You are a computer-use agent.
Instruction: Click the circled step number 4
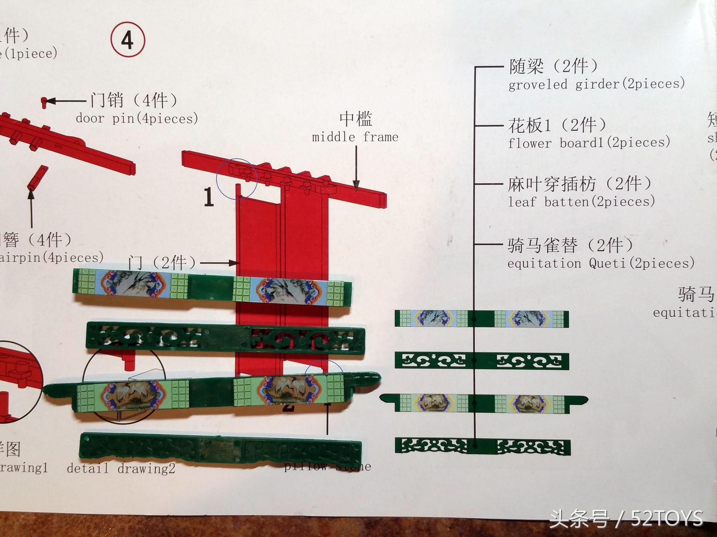[x=128, y=40]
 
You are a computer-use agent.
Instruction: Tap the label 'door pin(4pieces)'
[x=137, y=119]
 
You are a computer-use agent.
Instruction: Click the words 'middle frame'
[x=355, y=137]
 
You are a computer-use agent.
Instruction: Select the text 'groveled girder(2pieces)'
[x=596, y=84]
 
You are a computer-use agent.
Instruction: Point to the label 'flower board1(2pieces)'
[x=589, y=143]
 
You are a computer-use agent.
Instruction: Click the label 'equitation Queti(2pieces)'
[x=601, y=263]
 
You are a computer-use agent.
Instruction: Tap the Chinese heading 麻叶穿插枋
[x=551, y=184]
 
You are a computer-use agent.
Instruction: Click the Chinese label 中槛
[x=356, y=119]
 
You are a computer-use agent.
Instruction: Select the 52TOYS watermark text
[x=626, y=519]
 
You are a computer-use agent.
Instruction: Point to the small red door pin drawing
[x=44, y=102]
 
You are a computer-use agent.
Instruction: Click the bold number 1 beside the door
[x=209, y=197]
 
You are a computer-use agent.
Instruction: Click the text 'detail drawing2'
[x=121, y=468]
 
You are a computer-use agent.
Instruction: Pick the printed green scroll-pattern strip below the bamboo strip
[x=482, y=361]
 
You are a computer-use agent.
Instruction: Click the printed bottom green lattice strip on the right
[x=482, y=446]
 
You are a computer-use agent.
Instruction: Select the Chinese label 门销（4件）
[x=134, y=100]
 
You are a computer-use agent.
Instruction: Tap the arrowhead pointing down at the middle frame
[x=356, y=185]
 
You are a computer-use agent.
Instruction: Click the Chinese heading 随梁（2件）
[x=553, y=66]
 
